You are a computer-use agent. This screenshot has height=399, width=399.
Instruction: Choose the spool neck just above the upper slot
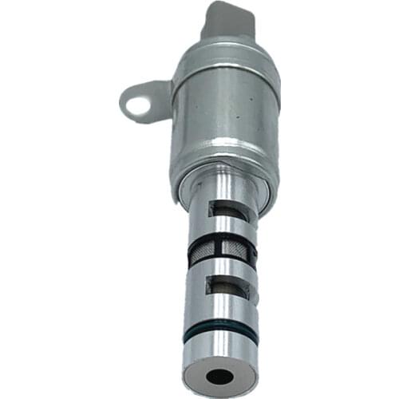click(x=223, y=192)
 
